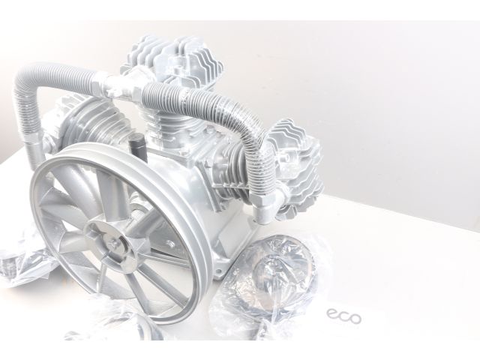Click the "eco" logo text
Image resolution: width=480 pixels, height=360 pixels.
tap(344, 317)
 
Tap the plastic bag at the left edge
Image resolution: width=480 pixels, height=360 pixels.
tap(15, 262)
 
